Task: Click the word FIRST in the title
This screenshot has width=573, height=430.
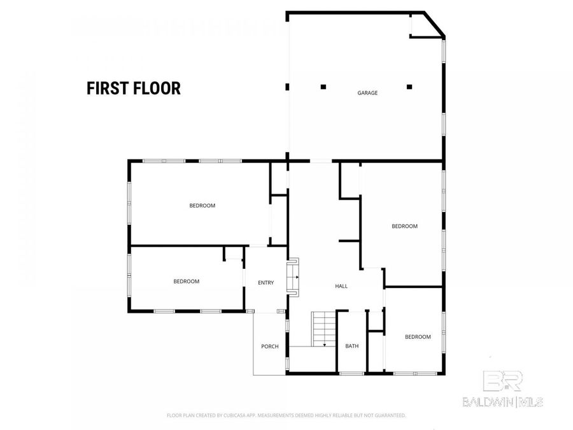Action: pos(107,88)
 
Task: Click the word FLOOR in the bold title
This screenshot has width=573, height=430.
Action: pos(156,88)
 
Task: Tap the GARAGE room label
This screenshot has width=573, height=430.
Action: pos(367,93)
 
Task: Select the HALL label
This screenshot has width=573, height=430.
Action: pos(341,287)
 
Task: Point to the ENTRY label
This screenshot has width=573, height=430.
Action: pos(265,283)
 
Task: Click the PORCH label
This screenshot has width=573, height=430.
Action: pos(269,347)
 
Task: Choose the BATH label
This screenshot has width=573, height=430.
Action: pos(352,347)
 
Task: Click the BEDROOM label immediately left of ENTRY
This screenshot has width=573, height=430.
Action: pos(187,282)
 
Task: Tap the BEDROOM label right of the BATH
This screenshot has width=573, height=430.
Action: pos(418,337)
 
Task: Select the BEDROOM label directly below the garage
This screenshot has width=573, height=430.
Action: pos(404,226)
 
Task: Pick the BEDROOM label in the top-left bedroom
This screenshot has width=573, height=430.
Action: pos(202,206)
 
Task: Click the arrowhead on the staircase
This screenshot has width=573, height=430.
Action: pos(325,345)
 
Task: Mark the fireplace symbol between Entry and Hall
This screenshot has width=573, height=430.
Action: pos(294,275)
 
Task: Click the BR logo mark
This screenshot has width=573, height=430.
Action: pos(503,381)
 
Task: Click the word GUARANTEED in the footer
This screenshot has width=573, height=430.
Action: pos(390,415)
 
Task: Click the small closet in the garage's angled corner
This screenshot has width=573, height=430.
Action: pos(420,25)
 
